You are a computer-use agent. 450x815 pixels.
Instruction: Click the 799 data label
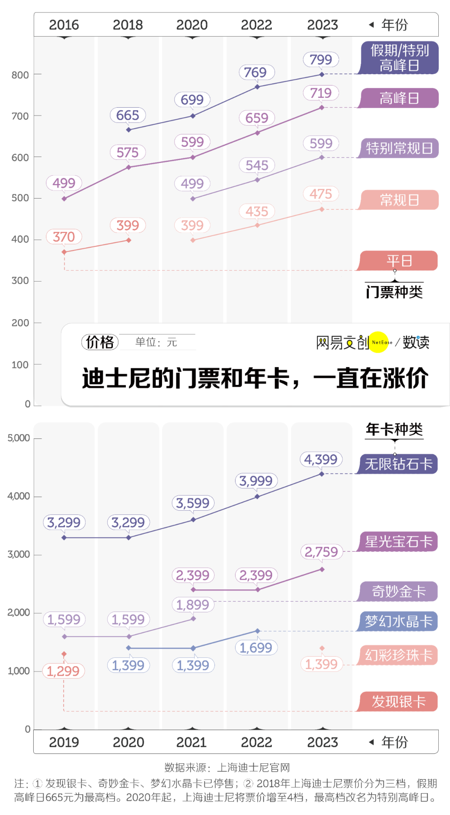coord(321,60)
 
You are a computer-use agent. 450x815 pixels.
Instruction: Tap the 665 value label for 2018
coord(127,115)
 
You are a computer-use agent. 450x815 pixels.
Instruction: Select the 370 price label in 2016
coord(64,237)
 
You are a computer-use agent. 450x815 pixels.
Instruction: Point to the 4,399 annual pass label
coord(321,460)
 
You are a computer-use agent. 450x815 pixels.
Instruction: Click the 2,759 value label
coord(321,552)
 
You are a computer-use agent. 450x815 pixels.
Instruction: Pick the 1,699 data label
coord(256,648)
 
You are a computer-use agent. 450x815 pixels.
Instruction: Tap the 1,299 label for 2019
coord(63,671)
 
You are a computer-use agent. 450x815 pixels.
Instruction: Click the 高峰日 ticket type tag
coord(399,98)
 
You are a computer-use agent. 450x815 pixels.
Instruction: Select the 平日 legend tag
coord(399,261)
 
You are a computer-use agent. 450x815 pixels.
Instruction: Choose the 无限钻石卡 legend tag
coord(399,464)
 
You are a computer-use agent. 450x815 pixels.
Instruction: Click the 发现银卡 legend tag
coord(399,702)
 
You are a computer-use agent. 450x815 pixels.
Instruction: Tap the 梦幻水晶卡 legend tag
coord(399,621)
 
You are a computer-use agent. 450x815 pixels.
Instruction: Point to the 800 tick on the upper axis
coord(20,75)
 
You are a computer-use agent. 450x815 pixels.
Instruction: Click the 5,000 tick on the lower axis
coord(19,438)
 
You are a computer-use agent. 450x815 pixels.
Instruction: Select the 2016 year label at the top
coord(64,25)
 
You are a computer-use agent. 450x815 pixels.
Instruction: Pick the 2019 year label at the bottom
coord(64,742)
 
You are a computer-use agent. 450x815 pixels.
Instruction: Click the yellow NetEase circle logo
coord(379,342)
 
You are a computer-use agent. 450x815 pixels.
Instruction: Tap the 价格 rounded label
coord(100,342)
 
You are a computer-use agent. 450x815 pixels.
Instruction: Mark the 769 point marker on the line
coord(257,87)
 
